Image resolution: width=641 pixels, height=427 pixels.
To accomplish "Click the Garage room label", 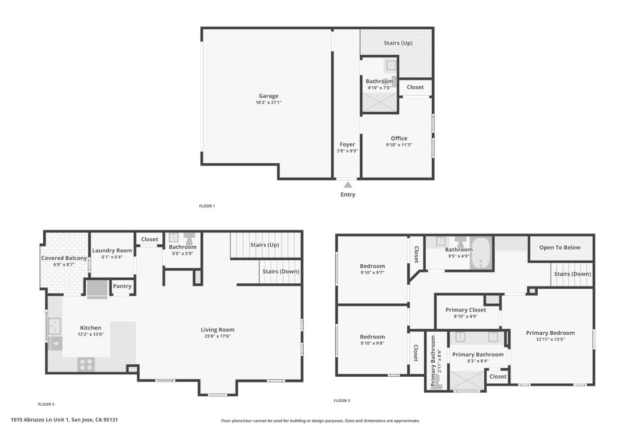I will [x=268, y=96].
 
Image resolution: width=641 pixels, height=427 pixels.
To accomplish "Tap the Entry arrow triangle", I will [x=348, y=185].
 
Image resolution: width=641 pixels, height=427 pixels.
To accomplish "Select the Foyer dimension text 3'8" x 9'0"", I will [x=347, y=151].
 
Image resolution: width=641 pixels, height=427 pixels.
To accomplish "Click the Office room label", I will [x=399, y=138].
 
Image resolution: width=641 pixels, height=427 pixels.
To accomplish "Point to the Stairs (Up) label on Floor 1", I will [x=398, y=43].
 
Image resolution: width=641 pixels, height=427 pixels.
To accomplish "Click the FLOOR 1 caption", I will [x=207, y=206].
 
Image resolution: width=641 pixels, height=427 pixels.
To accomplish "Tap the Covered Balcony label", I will [x=64, y=258].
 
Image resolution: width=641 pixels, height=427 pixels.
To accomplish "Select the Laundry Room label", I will [x=112, y=250].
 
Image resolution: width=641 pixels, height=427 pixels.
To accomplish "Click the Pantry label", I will [x=122, y=286].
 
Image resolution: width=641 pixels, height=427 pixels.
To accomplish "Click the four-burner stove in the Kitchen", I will [x=86, y=364].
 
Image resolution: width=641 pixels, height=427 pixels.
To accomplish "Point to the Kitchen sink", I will [x=54, y=326].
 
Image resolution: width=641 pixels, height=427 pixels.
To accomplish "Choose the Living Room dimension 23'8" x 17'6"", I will [x=217, y=336].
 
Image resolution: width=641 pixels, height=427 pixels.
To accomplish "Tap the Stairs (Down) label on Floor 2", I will [x=280, y=271].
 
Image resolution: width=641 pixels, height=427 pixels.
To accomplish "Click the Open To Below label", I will [x=560, y=248].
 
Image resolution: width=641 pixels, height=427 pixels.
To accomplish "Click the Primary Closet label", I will [x=466, y=310].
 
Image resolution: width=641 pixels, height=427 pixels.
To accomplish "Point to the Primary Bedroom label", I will [x=550, y=333].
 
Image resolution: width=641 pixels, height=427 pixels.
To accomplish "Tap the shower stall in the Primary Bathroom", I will [x=466, y=380].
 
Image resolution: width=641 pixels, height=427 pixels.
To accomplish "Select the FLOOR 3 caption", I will [x=342, y=401].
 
